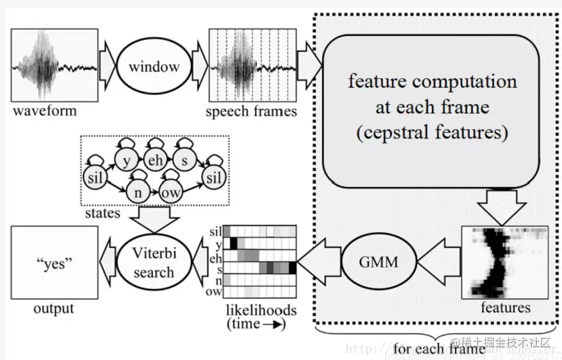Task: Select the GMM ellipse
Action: [379, 261]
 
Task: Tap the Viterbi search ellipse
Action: [153, 262]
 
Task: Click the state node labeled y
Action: [126, 160]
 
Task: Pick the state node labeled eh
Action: [155, 160]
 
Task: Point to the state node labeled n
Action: [138, 191]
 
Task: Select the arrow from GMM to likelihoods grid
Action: [318, 261]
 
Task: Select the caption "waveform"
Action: [44, 111]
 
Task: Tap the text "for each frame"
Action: [439, 347]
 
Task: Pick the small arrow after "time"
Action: [275, 325]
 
